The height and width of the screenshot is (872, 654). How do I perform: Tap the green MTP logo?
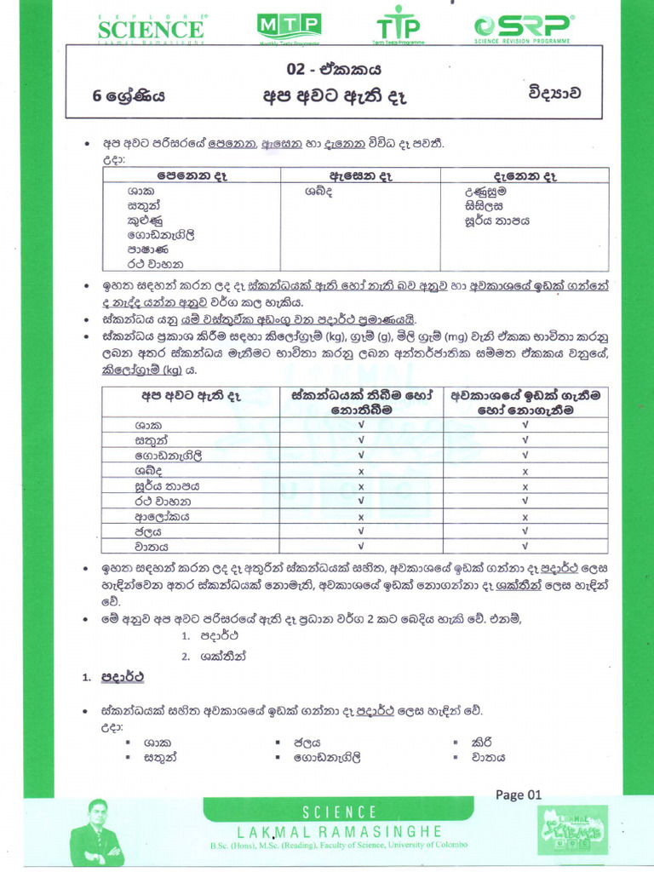pyautogui.click(x=289, y=28)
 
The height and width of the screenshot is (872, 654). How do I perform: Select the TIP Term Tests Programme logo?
pyautogui.click(x=400, y=28)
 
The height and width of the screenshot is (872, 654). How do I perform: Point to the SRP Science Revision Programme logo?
pyautogui.click(x=524, y=28)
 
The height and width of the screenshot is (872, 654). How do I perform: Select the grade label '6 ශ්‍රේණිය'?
pyautogui.click(x=129, y=96)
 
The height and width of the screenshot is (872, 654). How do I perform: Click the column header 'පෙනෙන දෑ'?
pyautogui.click(x=191, y=175)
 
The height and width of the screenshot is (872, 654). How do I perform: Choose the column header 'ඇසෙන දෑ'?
pyautogui.click(x=359, y=175)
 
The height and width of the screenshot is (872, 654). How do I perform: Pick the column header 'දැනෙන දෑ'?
pyautogui.click(x=525, y=175)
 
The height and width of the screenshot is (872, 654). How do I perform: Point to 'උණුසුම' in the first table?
pyautogui.click(x=486, y=192)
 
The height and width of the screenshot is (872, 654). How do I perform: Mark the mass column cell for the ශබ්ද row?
pyautogui.click(x=361, y=471)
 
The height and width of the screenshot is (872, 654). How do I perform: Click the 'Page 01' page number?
pyautogui.click(x=518, y=795)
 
